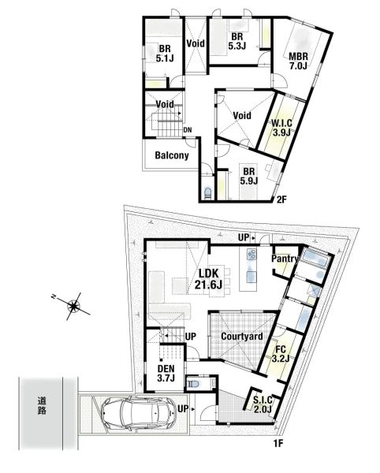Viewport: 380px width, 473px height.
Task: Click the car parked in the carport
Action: pos(139,413)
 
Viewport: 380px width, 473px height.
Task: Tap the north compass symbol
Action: pos(72,306)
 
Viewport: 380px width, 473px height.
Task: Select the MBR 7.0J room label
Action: pos(298,61)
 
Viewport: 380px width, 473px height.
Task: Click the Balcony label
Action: pos(172,155)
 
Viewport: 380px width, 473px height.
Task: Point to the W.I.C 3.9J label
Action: pos(281,128)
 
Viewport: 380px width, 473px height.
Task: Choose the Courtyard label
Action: pos(242,337)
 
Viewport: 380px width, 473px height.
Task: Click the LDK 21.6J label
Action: pos(208,279)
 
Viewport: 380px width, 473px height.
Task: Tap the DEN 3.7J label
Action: pos(166,373)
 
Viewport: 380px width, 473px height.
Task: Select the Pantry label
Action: pos(285,259)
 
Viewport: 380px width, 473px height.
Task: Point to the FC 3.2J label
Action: pos(281,354)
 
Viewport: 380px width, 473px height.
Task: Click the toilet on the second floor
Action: pos(207,193)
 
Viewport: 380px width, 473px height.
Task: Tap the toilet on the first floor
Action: pos(194,385)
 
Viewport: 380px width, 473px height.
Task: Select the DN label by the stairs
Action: pos(188,130)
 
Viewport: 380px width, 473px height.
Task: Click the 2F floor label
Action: pos(281,199)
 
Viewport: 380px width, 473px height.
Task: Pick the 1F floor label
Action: pos(278,443)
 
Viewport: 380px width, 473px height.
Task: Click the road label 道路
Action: pos(42,406)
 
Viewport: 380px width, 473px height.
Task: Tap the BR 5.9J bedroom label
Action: pos(249,176)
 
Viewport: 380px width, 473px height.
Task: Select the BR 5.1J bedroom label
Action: pos(165,53)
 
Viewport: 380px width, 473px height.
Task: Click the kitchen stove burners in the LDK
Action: pos(251,255)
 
